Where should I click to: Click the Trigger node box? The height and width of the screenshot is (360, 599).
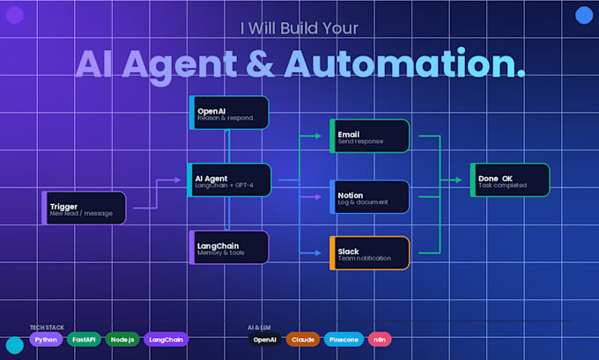pos(84,208)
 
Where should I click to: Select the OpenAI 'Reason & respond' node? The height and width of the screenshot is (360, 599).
pos(229,113)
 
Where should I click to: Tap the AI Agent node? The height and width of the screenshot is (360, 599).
pos(229,180)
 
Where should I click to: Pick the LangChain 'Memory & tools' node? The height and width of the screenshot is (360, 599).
pos(229,247)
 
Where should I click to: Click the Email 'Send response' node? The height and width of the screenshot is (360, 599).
pos(370,136)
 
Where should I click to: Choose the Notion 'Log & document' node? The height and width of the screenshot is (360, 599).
pos(370,197)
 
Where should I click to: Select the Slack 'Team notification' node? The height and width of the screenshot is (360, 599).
pos(370,253)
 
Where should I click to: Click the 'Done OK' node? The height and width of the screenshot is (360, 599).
pos(510,180)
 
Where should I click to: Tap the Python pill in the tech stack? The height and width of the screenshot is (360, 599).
pos(46,340)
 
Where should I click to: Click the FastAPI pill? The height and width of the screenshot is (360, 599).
pos(84,340)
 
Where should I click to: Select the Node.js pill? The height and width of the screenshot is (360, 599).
pos(122,340)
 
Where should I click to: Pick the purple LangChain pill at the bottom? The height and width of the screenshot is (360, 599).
pos(166,340)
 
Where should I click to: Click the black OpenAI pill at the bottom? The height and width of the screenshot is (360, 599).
pos(265,340)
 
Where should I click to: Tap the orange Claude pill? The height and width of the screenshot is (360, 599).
pos(303,340)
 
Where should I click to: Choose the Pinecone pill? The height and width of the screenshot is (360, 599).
pos(344,340)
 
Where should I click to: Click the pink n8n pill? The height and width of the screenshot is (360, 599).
pos(380,340)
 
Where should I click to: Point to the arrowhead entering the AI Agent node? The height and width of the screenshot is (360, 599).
pos(178,180)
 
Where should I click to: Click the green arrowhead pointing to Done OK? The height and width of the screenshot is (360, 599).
pos(458,180)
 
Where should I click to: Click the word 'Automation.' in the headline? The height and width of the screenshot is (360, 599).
pos(405,63)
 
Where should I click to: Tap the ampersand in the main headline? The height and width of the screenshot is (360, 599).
pos(260,63)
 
